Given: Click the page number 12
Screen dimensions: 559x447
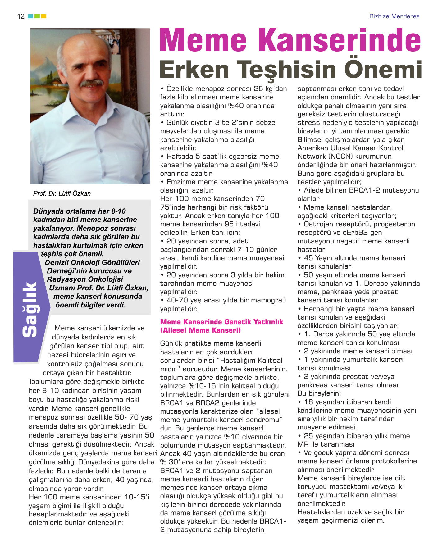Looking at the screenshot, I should pyautogui.click(x=21, y=16).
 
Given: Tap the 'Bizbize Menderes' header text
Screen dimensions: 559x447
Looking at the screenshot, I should pyautogui.click(x=394, y=16).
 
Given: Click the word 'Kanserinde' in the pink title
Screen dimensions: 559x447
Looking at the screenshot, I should pyautogui.click(x=340, y=40).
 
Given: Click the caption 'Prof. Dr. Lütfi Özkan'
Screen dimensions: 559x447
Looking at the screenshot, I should pyautogui.click(x=62, y=193).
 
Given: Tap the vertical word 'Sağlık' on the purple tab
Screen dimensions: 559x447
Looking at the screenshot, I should pyautogui.click(x=30, y=309).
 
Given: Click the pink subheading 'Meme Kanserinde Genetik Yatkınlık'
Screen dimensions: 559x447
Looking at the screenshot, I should pyautogui.click(x=221, y=322).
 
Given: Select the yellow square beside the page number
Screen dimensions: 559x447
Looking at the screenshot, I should pyautogui.click(x=44, y=16).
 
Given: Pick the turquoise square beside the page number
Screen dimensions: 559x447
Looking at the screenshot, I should pyautogui.click(x=30, y=16).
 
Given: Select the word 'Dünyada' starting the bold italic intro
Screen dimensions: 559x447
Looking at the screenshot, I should pyautogui.click(x=47, y=211).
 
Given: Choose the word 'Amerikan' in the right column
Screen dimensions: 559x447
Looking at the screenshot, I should pyautogui.click(x=312, y=148).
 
